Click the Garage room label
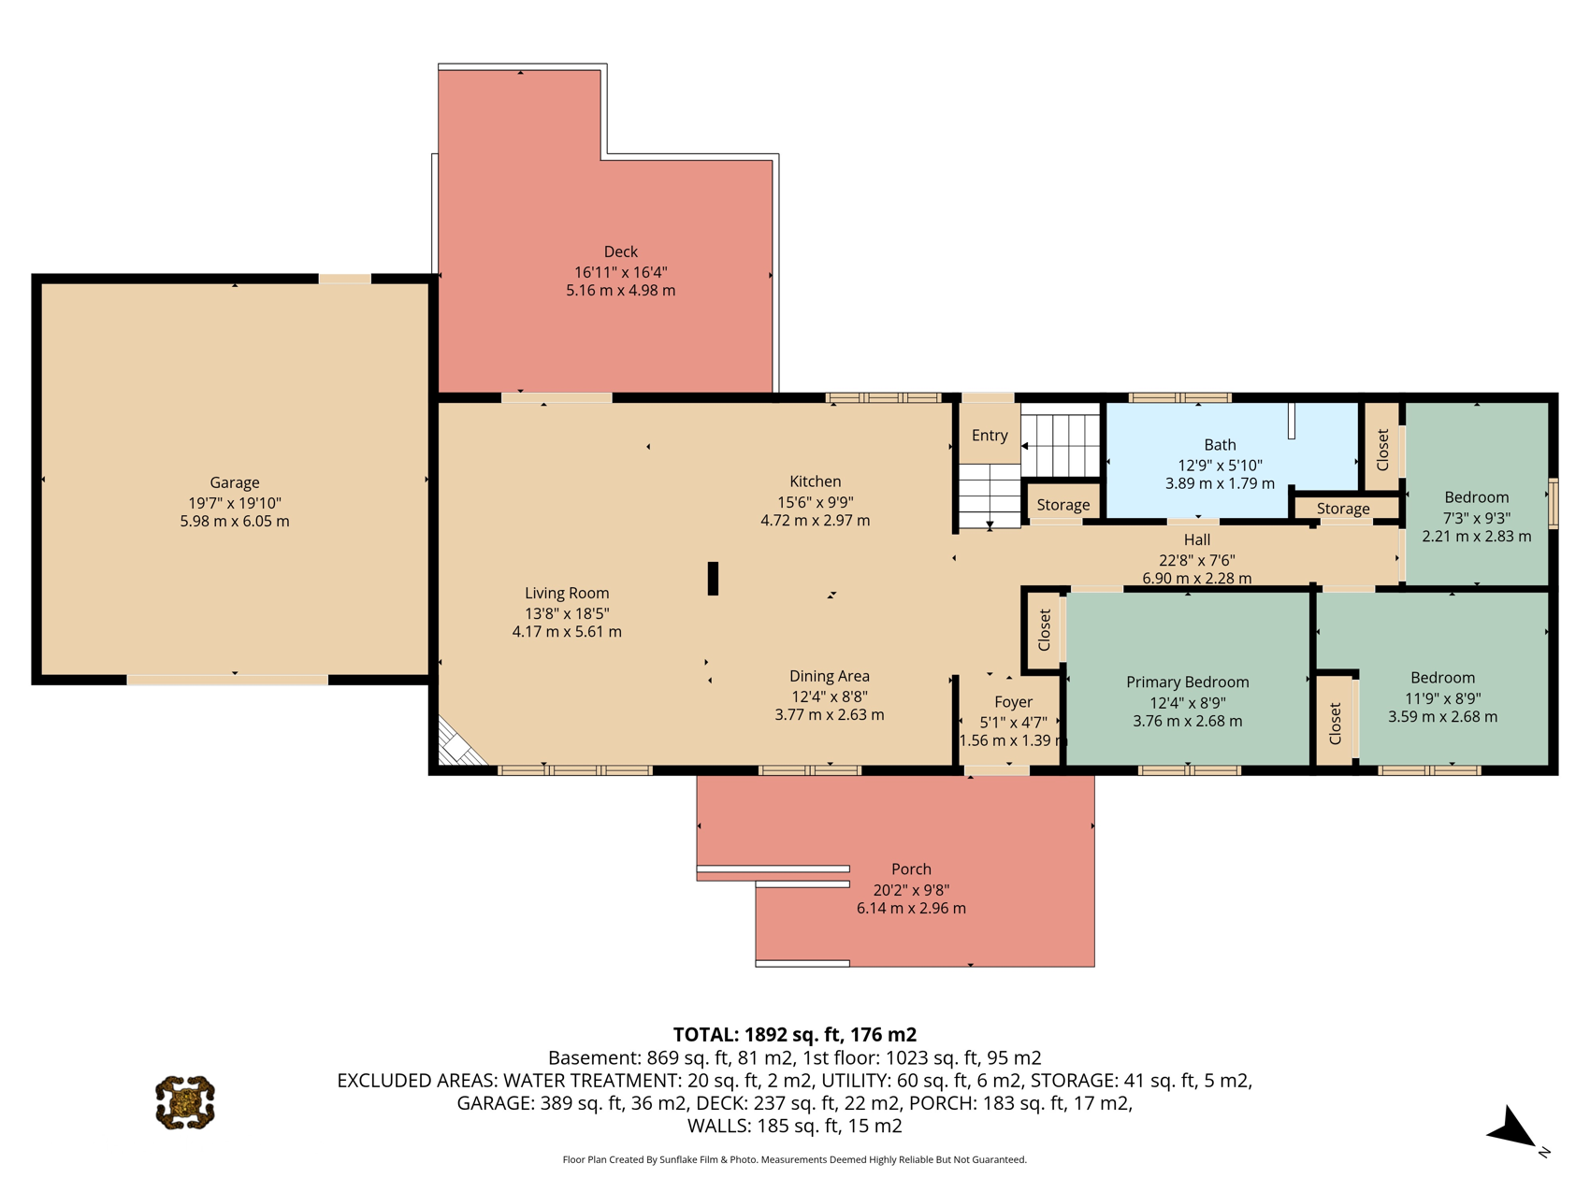(x=234, y=482)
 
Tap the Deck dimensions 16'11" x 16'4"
(x=621, y=272)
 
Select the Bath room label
(x=1220, y=445)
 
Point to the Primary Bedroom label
(x=1187, y=682)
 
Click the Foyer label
(x=1013, y=702)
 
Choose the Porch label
(x=911, y=869)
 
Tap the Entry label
(x=990, y=436)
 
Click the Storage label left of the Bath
(x=1063, y=505)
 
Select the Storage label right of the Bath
(x=1343, y=509)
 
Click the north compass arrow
(x=1511, y=1128)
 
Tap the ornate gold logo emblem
(x=185, y=1102)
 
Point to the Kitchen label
(x=816, y=481)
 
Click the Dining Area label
(x=830, y=676)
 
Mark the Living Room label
(x=567, y=593)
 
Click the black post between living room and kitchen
(x=713, y=579)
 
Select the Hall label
(x=1197, y=539)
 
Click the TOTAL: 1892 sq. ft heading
(x=795, y=1034)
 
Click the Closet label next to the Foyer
(x=1045, y=630)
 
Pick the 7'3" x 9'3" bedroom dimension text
(x=1477, y=518)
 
